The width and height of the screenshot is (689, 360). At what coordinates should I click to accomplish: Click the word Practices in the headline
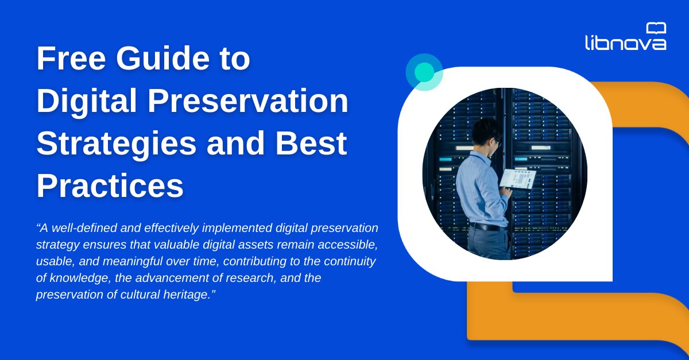[x=110, y=187]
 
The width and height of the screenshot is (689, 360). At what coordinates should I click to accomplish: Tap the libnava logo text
[x=625, y=42]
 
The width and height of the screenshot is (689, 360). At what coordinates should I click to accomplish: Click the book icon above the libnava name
[x=656, y=28]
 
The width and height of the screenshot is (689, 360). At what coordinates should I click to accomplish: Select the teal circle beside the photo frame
[x=424, y=72]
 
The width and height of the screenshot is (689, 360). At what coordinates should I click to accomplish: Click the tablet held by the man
[x=517, y=179]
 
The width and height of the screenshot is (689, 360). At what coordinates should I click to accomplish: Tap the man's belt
[x=487, y=226]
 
